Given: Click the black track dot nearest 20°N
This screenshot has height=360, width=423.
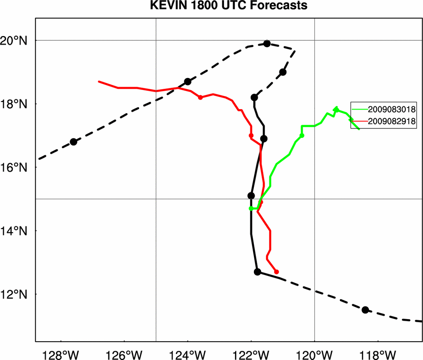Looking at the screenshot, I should pos(267,43).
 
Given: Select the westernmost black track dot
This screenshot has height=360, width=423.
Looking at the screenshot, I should pos(73,142).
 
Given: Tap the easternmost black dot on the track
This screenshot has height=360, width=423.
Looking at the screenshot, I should pos(365,310).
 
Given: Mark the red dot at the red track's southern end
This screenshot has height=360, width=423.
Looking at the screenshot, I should pos(277,272).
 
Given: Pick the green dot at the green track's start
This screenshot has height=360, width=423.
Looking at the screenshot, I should pos(251,208).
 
